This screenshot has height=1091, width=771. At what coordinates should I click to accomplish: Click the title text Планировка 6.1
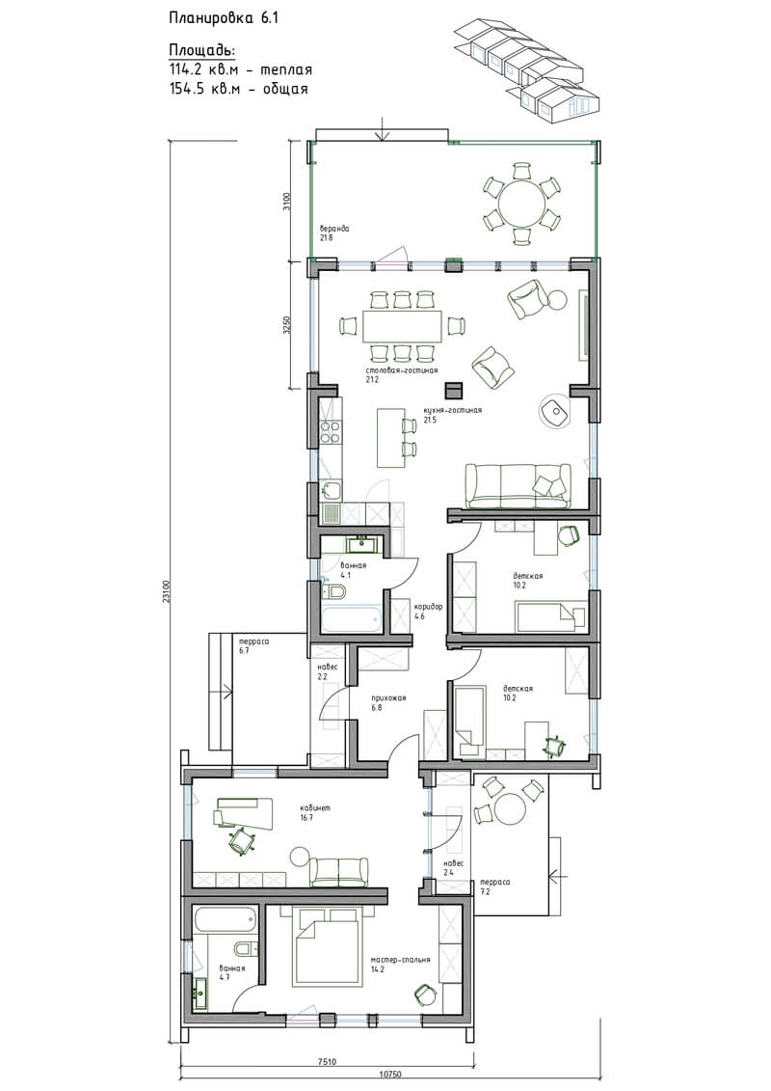click(x=224, y=18)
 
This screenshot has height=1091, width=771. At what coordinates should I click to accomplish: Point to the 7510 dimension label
click(x=327, y=1062)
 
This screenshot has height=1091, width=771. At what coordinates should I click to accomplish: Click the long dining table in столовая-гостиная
click(x=401, y=326)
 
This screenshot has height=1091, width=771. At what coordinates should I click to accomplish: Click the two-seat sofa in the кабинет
click(x=338, y=872)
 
